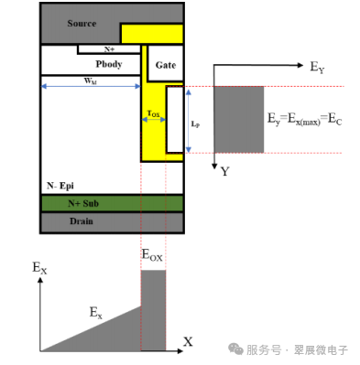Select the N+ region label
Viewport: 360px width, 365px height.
click(x=109, y=48)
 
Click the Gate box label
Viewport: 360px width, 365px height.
click(x=166, y=65)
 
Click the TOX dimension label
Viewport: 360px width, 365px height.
click(x=154, y=115)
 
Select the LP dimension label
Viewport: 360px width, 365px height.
click(x=195, y=121)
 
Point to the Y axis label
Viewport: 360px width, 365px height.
click(x=224, y=172)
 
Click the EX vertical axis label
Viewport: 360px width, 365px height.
click(x=38, y=268)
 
